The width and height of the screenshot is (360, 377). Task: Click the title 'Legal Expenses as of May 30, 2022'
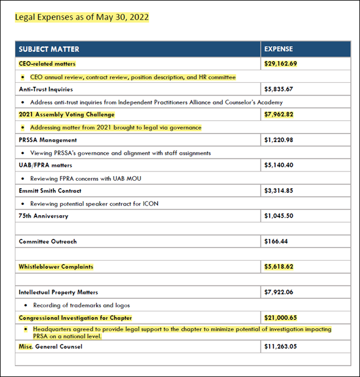click(x=82, y=17)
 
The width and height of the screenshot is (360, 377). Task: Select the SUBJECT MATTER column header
click(x=49, y=49)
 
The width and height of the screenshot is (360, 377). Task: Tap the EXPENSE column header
click(x=278, y=49)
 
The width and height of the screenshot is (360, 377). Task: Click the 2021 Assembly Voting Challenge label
click(x=67, y=115)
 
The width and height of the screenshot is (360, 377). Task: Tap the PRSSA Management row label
click(x=48, y=140)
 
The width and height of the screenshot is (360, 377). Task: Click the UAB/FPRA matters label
click(x=45, y=165)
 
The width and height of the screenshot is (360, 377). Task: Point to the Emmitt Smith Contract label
click(x=50, y=191)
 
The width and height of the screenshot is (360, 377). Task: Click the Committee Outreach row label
click(x=48, y=241)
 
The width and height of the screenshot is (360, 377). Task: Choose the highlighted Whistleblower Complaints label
click(x=56, y=266)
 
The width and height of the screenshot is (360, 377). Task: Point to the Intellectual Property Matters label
click(x=58, y=292)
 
